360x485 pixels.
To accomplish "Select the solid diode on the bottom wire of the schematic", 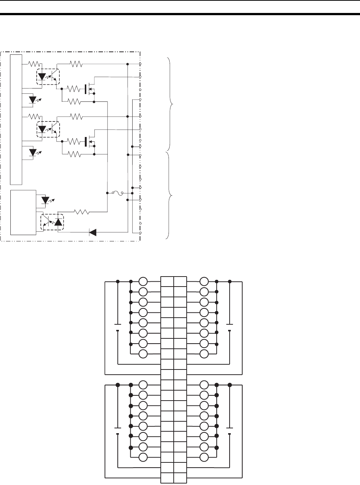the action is pos(93,233).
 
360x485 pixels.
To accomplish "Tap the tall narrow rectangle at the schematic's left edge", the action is pos(16,118).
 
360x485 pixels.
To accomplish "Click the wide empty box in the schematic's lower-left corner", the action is pos(23,212).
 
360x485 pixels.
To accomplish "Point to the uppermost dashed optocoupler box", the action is pos(48,77).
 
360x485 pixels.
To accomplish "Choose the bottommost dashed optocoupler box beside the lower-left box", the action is pos(52,222).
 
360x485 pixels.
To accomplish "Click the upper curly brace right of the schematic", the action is pos(171,104).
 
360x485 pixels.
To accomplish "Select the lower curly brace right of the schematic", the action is pos(171,195).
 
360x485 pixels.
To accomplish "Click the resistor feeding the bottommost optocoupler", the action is pos(82,212).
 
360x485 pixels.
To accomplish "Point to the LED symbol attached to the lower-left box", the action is pos(46,201).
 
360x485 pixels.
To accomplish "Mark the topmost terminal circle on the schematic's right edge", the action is pos(140,64).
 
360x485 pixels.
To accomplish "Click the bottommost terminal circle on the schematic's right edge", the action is pos(140,233).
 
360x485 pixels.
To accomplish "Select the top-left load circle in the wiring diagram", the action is pos(143,281).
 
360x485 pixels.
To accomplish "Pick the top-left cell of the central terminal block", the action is pos(167,281).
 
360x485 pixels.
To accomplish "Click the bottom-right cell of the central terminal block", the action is pos(180,478).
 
